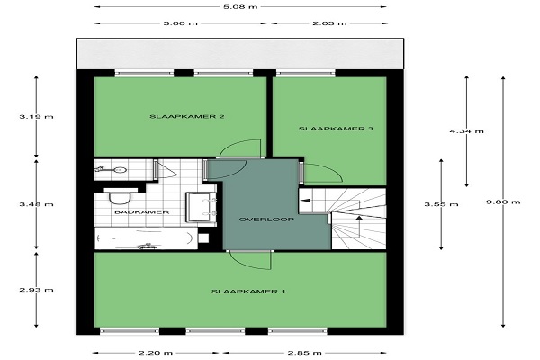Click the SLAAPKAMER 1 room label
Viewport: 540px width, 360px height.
coord(248,292)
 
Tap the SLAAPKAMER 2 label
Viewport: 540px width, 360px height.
coord(187,116)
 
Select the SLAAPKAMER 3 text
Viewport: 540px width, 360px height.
coord(336,129)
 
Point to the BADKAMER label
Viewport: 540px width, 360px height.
coord(141,211)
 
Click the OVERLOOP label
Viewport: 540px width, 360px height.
coord(266,220)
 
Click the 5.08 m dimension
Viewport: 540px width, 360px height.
coord(240,6)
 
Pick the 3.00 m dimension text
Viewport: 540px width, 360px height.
coord(181,23)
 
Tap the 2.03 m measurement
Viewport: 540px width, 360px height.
coord(329,23)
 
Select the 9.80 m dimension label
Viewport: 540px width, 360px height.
coord(503,202)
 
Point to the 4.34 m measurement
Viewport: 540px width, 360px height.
coord(466,131)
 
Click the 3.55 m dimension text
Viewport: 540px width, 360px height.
coord(441,204)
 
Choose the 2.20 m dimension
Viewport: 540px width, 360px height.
coord(156,353)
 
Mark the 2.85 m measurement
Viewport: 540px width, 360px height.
coord(305,353)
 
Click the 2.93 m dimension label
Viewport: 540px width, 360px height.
coord(37,290)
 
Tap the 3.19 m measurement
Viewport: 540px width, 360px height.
coord(37,116)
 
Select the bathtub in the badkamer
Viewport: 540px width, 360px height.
coord(146,238)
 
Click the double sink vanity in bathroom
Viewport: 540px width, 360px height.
coord(201,207)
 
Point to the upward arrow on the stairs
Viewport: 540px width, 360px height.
coord(359,226)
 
